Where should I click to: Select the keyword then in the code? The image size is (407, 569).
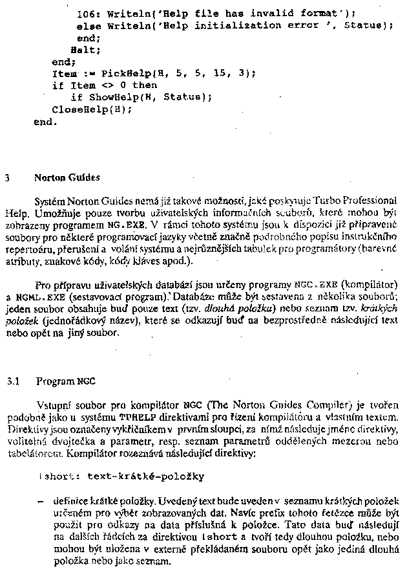click(x=145, y=85)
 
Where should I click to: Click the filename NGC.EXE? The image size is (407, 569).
click(x=312, y=284)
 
